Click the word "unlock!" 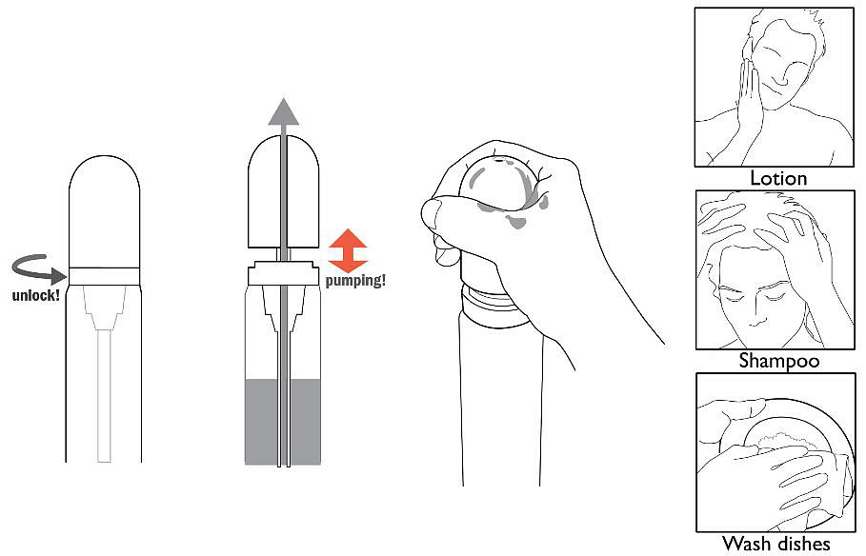pyautogui.click(x=36, y=295)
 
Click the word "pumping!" pyautogui.click(x=355, y=281)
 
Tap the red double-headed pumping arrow pyautogui.click(x=348, y=250)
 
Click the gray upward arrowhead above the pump pyautogui.click(x=284, y=111)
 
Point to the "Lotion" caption pyautogui.click(x=778, y=178)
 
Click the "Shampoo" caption pyautogui.click(x=778, y=361)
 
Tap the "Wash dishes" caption pyautogui.click(x=776, y=543)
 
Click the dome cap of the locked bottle pyautogui.click(x=105, y=211)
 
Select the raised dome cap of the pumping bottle pyautogui.click(x=284, y=191)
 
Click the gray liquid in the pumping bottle pyautogui.click(x=283, y=421)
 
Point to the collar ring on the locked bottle pyautogui.click(x=105, y=276)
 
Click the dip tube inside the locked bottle pyautogui.click(x=104, y=395)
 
